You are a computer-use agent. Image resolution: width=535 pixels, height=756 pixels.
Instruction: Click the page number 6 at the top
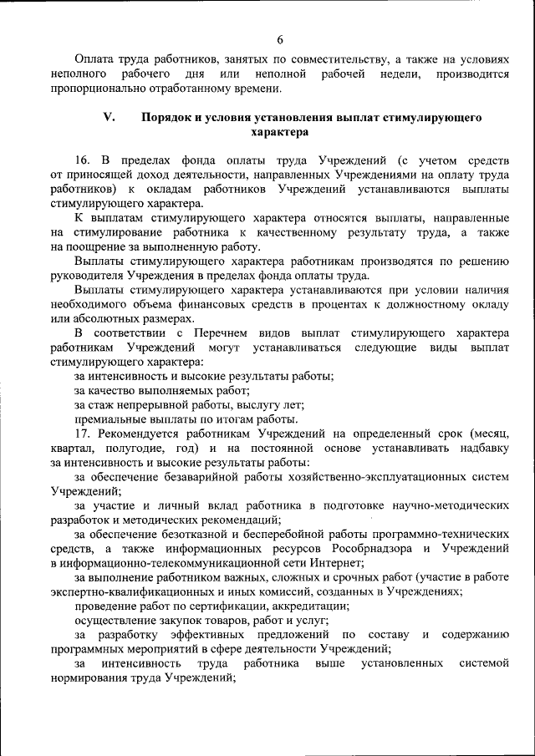coord(280,39)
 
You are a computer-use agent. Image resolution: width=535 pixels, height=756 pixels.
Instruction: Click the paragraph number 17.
coord(81,434)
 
